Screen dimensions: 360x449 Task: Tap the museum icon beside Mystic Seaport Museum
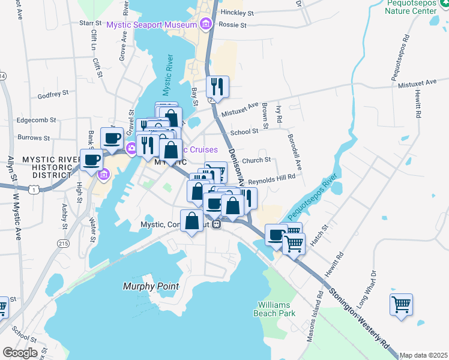[206, 25]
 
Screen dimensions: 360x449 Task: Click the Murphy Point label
[151, 286]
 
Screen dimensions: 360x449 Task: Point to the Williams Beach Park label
[277, 309]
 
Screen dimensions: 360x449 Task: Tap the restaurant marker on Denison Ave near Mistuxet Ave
[217, 87]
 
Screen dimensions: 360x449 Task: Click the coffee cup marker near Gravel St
[112, 139]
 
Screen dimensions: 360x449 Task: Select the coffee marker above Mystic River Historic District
[92, 160]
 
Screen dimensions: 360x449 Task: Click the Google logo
[19, 353]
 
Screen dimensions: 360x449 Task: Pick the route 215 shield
[63, 243]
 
